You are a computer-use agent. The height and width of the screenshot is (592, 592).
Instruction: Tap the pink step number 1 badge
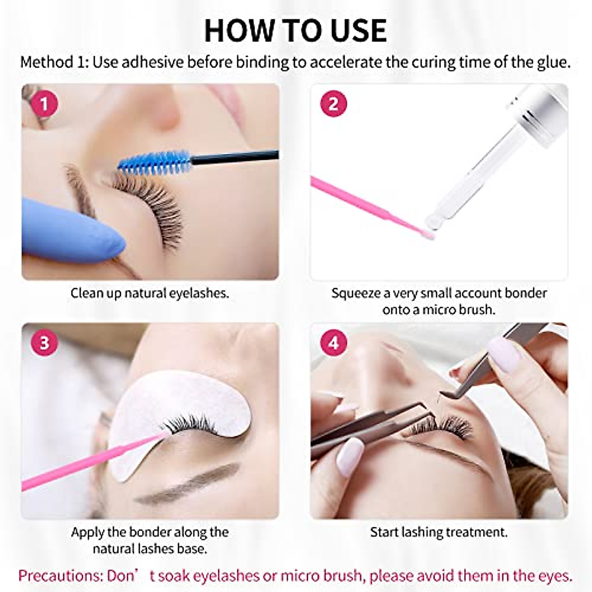coord(44,104)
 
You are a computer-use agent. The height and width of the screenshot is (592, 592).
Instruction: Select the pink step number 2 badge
coord(333,104)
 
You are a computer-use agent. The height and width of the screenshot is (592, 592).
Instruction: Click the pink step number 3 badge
coord(44,342)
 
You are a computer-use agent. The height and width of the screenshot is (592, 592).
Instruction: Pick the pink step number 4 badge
coord(333,342)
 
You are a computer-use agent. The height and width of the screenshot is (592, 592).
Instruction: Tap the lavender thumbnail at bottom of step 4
coord(350,456)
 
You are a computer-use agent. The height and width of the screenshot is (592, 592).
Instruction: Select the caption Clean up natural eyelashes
coord(149,293)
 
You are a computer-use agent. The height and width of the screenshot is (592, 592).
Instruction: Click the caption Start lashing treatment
coord(439,532)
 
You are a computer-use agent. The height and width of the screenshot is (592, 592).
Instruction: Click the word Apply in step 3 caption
coord(87,532)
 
